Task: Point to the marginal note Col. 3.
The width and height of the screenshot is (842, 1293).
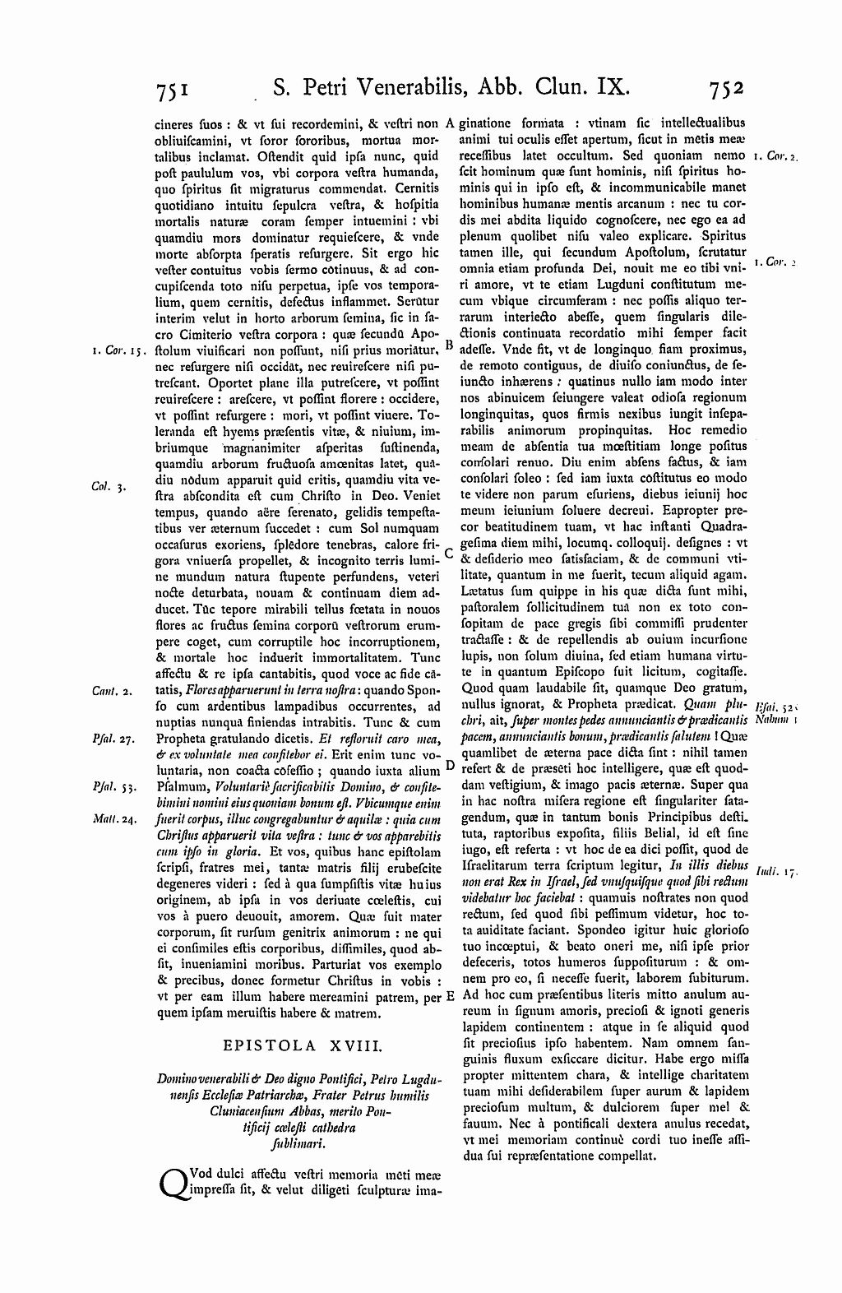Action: click(x=107, y=487)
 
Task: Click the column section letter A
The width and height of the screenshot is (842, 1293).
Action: click(x=450, y=124)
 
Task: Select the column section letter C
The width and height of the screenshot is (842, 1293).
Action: click(x=449, y=554)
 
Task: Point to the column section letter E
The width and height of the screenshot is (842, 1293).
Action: click(x=450, y=997)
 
